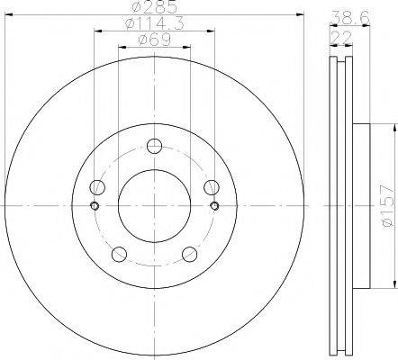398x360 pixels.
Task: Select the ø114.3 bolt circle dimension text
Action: (x=154, y=25)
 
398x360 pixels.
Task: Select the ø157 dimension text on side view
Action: (x=386, y=205)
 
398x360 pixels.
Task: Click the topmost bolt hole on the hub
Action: (x=154, y=146)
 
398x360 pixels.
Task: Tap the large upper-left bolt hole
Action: (x=98, y=187)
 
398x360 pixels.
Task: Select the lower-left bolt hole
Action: (x=119, y=253)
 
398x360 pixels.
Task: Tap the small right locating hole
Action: (x=214, y=205)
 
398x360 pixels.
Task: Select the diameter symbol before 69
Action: (x=144, y=40)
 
